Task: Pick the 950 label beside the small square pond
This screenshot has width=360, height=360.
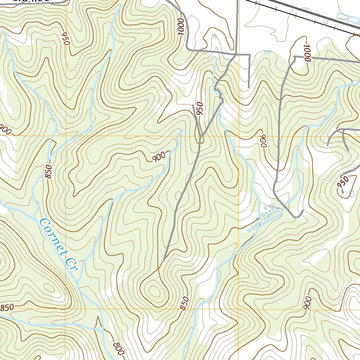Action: coord(343,181)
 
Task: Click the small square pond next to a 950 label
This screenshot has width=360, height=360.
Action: coord(352,193)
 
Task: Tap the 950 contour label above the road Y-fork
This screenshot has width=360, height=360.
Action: coord(200,110)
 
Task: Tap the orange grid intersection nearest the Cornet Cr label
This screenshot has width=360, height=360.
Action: coord(66,309)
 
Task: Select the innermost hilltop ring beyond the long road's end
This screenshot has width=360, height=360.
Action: coord(154,290)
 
